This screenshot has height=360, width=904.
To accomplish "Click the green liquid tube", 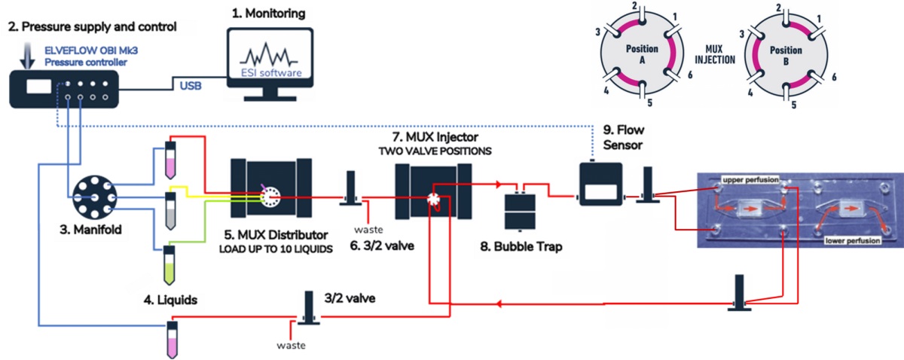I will coord(170,263).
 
